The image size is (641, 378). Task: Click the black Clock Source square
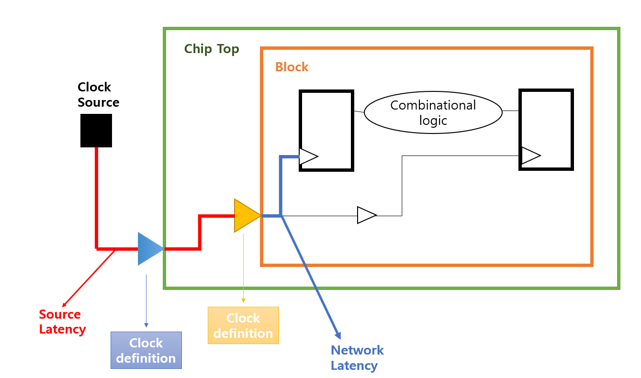(x=96, y=130)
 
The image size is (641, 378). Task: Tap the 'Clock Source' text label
(x=98, y=95)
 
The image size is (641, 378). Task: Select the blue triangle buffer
(x=149, y=249)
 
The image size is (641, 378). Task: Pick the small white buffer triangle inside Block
(x=366, y=215)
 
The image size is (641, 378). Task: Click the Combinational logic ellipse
(x=433, y=112)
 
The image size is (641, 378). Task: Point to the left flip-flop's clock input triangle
(x=308, y=156)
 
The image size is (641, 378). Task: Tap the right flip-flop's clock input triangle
(x=530, y=156)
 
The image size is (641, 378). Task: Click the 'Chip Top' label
(x=212, y=49)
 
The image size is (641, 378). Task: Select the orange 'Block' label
(x=292, y=67)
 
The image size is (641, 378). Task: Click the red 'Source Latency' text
(x=62, y=322)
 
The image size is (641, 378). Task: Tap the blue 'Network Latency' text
(x=357, y=357)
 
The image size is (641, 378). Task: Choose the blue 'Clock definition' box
(x=146, y=350)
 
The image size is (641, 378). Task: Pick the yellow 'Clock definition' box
(x=243, y=325)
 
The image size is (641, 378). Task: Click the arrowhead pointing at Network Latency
(x=338, y=335)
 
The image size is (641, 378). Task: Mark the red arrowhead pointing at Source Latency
(x=65, y=304)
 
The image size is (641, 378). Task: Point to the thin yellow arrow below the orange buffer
(x=243, y=268)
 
